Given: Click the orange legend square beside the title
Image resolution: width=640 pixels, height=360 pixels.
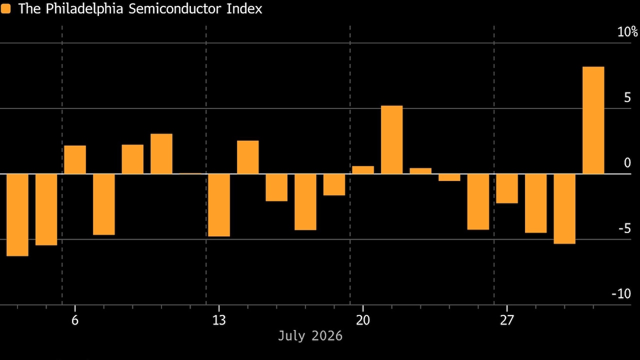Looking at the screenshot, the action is point(5,8).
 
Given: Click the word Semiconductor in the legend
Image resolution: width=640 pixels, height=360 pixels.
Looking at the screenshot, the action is point(175,9).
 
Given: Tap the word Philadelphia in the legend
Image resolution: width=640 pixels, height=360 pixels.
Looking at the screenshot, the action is point(84,9).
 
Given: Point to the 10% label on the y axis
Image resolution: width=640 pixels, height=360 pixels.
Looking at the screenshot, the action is point(627,31).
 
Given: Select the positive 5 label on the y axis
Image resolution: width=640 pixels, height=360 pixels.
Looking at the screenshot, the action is point(627,97).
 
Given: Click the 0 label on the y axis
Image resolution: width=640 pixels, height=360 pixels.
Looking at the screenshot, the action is point(627,163).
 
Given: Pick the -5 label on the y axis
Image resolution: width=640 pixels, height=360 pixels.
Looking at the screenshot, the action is point(624,228).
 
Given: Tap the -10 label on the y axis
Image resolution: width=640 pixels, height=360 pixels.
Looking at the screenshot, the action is point(621,293).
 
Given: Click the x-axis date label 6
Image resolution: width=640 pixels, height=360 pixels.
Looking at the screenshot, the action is point(75,320).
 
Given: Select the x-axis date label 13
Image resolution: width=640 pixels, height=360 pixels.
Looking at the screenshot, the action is point(219,320).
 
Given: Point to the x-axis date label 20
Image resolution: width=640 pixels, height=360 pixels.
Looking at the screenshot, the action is point(363,320).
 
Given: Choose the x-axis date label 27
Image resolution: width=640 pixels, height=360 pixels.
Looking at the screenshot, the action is point(507,320).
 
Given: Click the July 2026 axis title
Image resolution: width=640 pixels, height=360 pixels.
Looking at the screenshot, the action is point(310,335).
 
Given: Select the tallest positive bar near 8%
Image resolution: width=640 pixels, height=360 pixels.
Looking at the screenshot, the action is point(593,120).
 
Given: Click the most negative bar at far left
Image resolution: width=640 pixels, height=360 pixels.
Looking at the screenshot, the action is point(17,215).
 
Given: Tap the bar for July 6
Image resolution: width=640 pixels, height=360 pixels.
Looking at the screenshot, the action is point(75,159).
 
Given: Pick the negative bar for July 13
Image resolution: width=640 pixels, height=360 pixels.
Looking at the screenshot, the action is point(219,205).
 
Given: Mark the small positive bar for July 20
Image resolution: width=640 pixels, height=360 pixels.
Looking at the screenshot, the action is point(363,170).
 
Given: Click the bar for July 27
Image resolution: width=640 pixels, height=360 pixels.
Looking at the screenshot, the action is point(507,188).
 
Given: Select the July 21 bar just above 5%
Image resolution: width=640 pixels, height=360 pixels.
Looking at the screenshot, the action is point(391,139).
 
